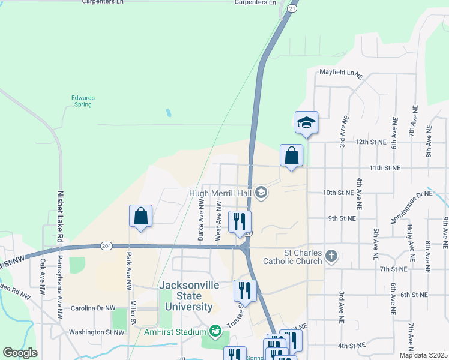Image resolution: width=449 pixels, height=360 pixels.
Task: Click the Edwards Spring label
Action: (x=82, y=101)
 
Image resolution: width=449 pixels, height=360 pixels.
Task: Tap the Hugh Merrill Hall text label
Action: (x=221, y=193)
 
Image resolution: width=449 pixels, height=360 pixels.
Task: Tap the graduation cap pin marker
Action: (x=306, y=123)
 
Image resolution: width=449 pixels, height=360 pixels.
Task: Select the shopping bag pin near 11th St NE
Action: (x=291, y=155)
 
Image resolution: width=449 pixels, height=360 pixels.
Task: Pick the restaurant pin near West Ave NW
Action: (x=240, y=222)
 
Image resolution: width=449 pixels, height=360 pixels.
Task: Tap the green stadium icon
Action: (x=214, y=331)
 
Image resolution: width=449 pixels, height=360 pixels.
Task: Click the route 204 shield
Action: (x=106, y=245)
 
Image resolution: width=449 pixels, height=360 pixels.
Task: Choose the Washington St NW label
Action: (x=96, y=332)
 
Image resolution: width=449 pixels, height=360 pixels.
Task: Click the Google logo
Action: (x=20, y=353)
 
